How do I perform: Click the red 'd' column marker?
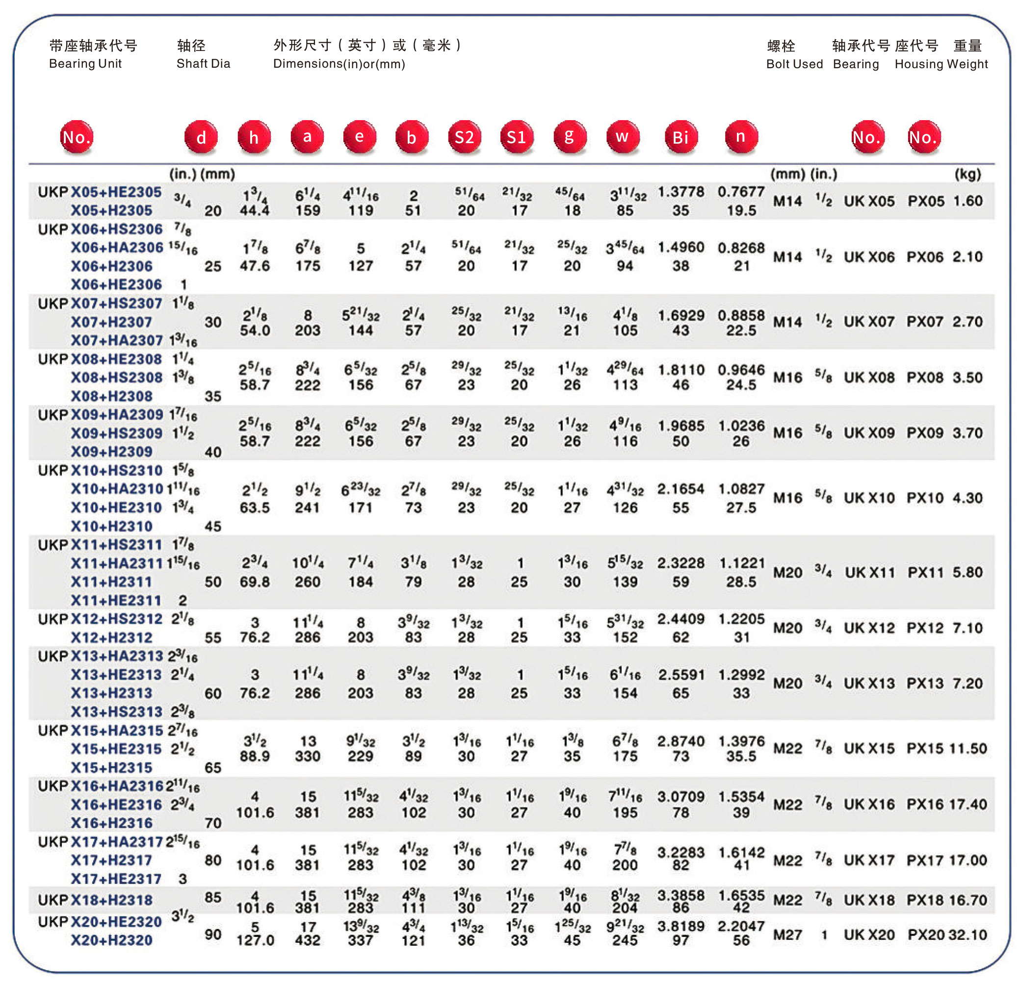tap(201, 137)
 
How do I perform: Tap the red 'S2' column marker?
tap(464, 137)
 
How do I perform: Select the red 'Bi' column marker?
tap(681, 137)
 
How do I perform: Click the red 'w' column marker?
tap(622, 137)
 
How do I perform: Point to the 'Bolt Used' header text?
tap(794, 64)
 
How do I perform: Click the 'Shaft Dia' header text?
tap(203, 64)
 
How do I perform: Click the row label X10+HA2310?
tap(117, 489)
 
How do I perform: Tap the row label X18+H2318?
tap(111, 900)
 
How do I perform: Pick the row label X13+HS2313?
tap(117, 711)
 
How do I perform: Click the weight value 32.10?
tap(968, 934)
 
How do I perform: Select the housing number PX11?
tap(926, 572)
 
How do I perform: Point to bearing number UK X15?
tap(869, 748)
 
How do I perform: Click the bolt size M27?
tap(787, 934)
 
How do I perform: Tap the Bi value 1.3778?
tap(681, 192)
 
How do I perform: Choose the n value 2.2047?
tap(741, 926)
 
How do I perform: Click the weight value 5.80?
tap(968, 572)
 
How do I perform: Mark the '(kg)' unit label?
tap(968, 174)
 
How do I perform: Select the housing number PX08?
tap(925, 378)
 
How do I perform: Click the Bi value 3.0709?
tap(681, 797)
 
